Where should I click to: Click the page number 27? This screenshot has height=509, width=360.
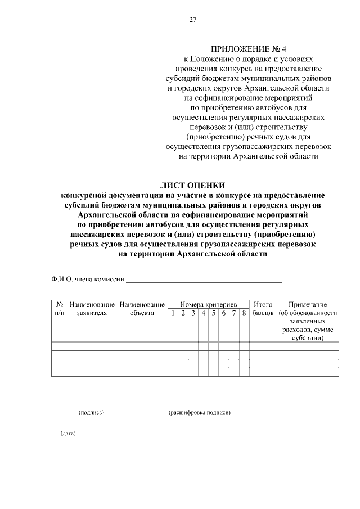[193, 20]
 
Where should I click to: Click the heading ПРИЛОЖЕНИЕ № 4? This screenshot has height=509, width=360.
[245, 49]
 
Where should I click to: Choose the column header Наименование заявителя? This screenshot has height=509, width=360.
[92, 309]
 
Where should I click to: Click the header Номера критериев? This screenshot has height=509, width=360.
[208, 304]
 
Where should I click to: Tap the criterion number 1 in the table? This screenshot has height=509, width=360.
[173, 313]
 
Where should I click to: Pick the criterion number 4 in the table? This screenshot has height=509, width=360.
[203, 313]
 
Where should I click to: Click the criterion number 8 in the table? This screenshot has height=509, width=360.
[244, 313]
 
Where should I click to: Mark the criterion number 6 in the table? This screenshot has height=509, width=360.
[224, 313]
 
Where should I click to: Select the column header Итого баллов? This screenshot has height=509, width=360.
[263, 309]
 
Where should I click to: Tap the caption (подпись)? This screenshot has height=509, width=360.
[92, 413]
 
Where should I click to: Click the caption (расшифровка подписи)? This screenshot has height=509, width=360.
[200, 413]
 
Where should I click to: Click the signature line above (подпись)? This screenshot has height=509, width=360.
[95, 407]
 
